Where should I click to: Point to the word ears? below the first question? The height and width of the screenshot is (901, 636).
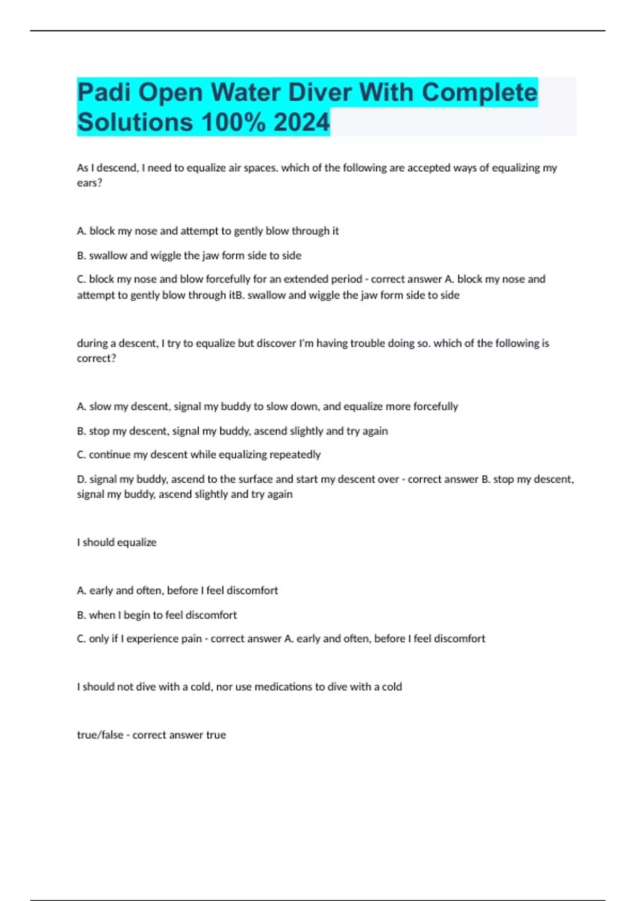point(89,183)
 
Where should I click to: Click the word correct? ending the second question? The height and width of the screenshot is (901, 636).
point(96,358)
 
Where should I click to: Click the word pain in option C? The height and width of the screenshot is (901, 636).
point(191,639)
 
